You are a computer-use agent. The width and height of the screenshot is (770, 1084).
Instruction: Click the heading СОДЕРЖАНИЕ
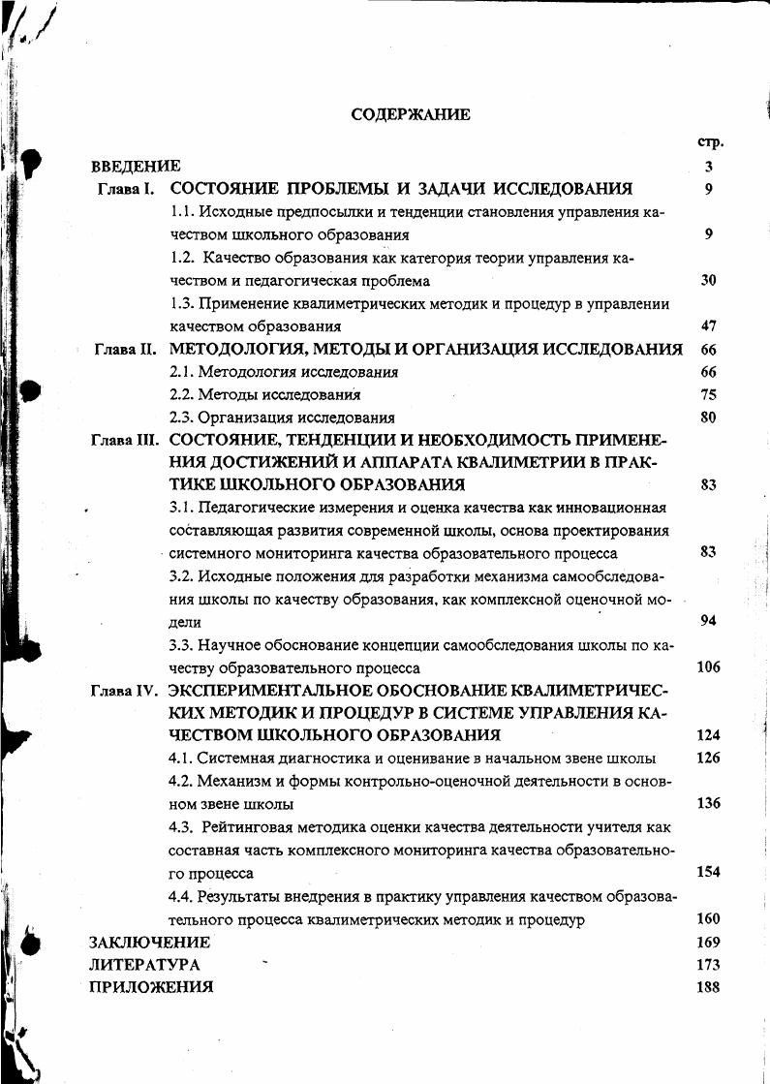coord(411,114)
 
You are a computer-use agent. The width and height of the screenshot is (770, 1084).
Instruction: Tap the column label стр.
coord(710,142)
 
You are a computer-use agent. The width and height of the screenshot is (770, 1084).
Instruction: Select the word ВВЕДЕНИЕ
coord(136,167)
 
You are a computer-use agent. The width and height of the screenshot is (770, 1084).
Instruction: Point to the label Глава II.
coord(125,350)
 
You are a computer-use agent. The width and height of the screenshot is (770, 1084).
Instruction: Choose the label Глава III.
coord(123,440)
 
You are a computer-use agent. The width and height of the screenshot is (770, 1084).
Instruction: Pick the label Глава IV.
coord(123,692)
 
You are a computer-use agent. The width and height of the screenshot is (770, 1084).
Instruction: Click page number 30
coord(708,281)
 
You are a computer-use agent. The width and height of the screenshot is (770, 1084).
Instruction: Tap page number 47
coord(708,326)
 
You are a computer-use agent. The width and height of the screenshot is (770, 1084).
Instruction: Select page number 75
coord(708,395)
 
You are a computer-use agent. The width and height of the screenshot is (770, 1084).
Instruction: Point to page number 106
coord(708,667)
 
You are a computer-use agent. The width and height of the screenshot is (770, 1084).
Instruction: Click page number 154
coord(708,872)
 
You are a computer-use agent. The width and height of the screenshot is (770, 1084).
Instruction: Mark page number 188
coord(708,988)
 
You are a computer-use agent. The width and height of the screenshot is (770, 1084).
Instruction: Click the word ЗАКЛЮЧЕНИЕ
coord(149,942)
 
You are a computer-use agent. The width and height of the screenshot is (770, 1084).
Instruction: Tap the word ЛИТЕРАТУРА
coord(144,965)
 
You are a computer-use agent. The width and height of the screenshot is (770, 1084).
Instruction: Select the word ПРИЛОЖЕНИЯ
coord(151,988)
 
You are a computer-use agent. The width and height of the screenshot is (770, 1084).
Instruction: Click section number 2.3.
coord(182,418)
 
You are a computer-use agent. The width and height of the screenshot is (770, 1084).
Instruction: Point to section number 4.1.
coord(182,759)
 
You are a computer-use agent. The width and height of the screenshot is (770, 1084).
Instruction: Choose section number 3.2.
coord(182,576)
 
